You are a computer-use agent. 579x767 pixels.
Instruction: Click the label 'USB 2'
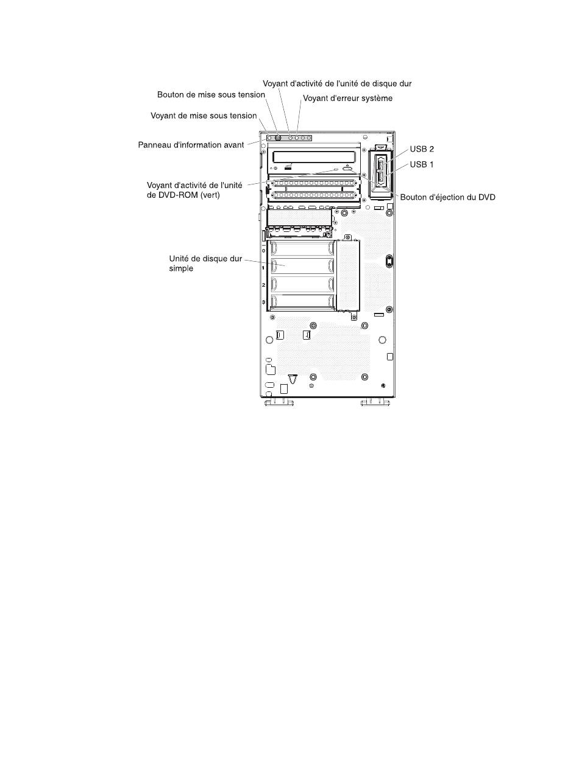(x=422, y=149)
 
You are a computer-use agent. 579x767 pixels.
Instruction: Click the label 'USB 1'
(x=422, y=164)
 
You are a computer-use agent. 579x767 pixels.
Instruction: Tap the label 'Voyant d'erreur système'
(x=347, y=98)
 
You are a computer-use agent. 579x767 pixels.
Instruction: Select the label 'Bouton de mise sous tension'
(x=211, y=95)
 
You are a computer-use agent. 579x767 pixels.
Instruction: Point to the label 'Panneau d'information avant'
(x=191, y=145)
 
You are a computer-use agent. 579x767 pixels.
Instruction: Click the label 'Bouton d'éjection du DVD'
(x=447, y=197)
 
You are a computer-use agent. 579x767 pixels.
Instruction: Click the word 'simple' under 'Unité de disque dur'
(x=181, y=268)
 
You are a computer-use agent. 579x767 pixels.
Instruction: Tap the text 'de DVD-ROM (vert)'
(x=183, y=195)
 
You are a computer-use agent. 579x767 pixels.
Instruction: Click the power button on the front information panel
(x=278, y=138)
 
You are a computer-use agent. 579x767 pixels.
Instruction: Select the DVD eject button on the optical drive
(x=347, y=171)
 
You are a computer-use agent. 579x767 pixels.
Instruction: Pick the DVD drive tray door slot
(x=314, y=156)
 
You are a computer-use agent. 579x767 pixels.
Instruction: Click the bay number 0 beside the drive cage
(x=263, y=250)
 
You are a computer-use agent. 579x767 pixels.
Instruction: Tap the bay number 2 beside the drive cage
(x=263, y=285)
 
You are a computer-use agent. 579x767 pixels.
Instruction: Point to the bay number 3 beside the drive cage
(x=263, y=303)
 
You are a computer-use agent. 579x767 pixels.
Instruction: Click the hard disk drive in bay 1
(x=302, y=266)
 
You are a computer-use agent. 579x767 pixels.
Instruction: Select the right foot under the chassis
(x=375, y=402)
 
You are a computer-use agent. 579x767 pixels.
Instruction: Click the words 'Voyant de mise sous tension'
(x=204, y=115)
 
